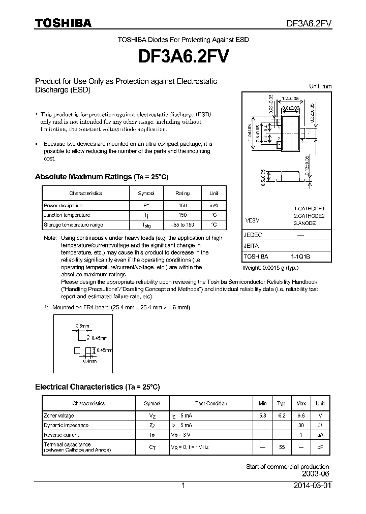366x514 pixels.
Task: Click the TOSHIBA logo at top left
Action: (x=63, y=23)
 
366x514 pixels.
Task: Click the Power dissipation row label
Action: (x=63, y=205)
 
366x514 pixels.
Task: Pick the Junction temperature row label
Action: (x=67, y=215)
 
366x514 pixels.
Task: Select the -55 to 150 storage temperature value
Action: (x=182, y=224)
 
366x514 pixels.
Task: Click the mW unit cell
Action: (x=214, y=205)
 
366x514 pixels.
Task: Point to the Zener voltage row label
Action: (x=59, y=415)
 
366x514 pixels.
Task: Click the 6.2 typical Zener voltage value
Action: (x=282, y=415)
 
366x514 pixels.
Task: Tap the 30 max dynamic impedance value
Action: (x=301, y=425)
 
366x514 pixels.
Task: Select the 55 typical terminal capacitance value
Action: (x=282, y=447)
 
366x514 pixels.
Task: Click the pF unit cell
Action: (x=320, y=447)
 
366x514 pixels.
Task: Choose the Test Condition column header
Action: (x=211, y=403)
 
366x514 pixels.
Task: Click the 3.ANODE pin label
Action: (x=305, y=223)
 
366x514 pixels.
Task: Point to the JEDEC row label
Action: (x=253, y=235)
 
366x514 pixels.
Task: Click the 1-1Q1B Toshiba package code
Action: (x=300, y=256)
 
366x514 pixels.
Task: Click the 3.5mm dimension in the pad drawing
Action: (x=83, y=325)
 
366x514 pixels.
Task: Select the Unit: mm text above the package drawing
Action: (x=320, y=86)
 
